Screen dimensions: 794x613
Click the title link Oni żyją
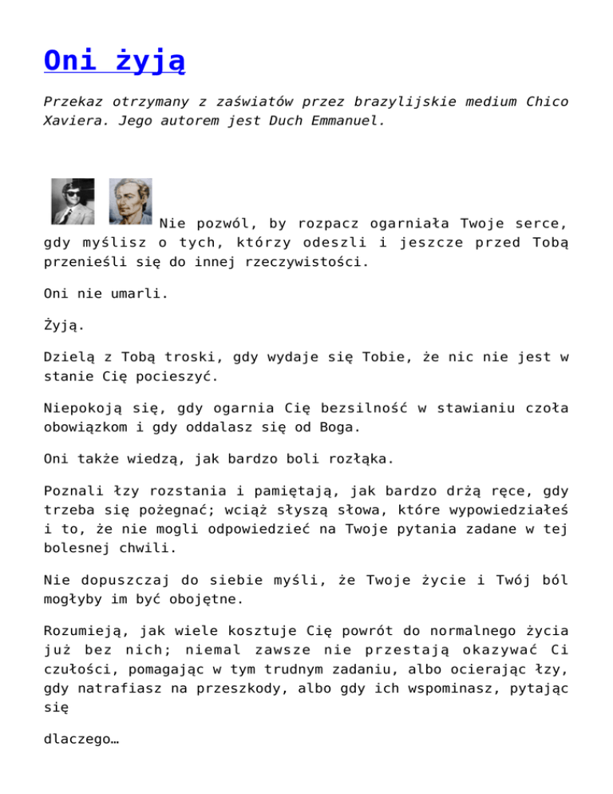click(115, 62)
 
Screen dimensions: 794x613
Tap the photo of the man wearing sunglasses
click(73, 201)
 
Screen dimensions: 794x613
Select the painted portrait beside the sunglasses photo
click(130, 201)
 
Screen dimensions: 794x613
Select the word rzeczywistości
click(305, 261)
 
